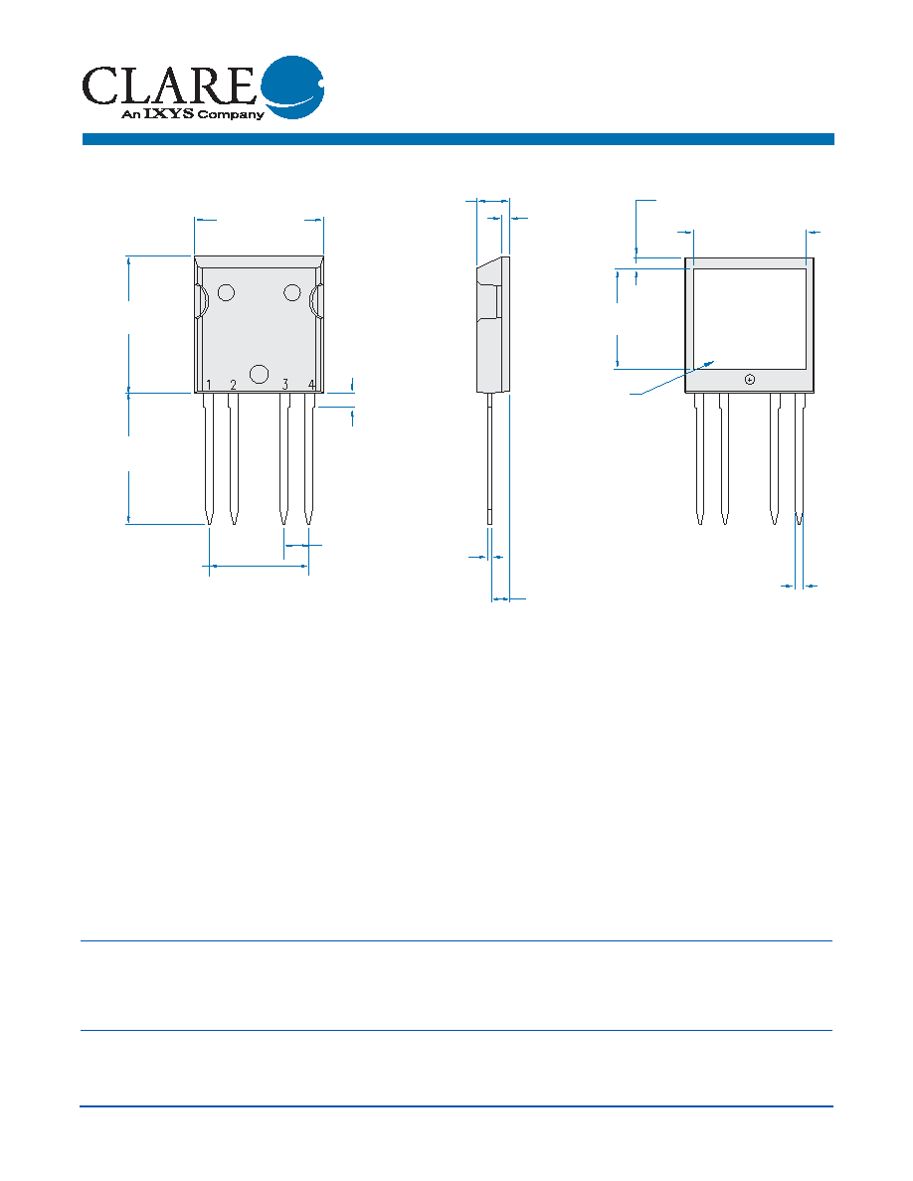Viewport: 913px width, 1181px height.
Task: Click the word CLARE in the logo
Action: pos(169,85)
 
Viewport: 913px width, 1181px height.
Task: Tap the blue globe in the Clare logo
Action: pos(292,86)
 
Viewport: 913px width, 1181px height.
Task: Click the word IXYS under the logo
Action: pos(169,113)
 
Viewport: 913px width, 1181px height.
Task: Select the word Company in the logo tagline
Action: pos(231,115)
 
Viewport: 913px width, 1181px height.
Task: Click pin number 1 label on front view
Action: pos(209,386)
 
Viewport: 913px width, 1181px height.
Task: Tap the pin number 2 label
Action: pos(234,386)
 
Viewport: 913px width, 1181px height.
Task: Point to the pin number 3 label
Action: pos(284,385)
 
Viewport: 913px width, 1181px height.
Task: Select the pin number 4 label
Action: pos(311,385)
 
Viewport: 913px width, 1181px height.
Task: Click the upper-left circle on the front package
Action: pos(226,292)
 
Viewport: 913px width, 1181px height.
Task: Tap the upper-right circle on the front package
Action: pos(292,292)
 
